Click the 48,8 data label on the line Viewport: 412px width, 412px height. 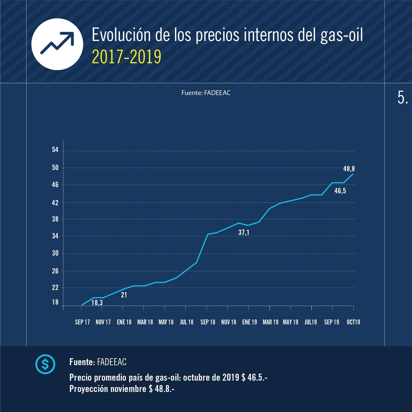(349, 169)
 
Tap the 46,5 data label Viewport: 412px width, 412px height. (340, 191)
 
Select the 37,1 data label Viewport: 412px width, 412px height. (244, 233)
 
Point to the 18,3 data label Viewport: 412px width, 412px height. (97, 303)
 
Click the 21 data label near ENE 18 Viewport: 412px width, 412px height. (124, 295)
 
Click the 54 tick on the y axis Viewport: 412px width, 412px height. (55, 150)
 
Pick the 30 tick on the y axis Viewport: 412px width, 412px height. (55, 253)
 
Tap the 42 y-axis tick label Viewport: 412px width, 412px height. (55, 203)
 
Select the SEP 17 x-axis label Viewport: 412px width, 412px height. (82, 322)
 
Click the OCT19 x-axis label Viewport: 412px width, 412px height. (353, 322)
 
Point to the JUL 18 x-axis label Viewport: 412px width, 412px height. (187, 322)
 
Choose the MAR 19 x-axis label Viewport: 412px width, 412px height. (270, 322)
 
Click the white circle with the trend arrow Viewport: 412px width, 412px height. (57, 44)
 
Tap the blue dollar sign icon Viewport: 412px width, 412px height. (45, 364)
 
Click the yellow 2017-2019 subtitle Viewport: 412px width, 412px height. (126, 57)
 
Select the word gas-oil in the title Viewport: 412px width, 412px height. (342, 35)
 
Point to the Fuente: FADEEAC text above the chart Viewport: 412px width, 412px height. (206, 93)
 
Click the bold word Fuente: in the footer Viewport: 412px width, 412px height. (82, 362)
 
